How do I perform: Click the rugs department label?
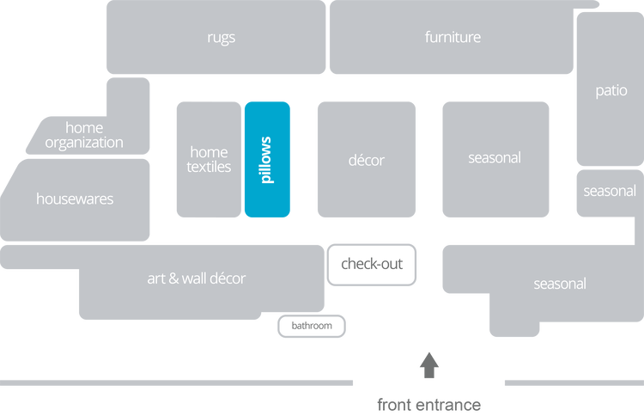[x=221, y=37]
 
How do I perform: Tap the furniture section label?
[x=453, y=37]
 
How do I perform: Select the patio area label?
[x=612, y=89]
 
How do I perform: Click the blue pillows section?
[x=267, y=159]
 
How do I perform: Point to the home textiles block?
[x=209, y=159]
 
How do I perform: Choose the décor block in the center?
[x=367, y=160]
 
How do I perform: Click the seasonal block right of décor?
[x=495, y=158]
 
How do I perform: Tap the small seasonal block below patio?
[x=610, y=191]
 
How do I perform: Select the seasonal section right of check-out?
[x=560, y=284]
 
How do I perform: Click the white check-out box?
[x=372, y=264]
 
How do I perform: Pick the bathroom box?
[x=312, y=326]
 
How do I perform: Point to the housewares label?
[x=75, y=199]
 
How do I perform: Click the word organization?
[x=84, y=143]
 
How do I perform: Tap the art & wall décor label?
[x=197, y=278]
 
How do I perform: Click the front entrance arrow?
[x=428, y=365]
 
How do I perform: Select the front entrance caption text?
[x=428, y=404]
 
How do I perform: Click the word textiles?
[x=209, y=167]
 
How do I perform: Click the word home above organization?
[x=84, y=128]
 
